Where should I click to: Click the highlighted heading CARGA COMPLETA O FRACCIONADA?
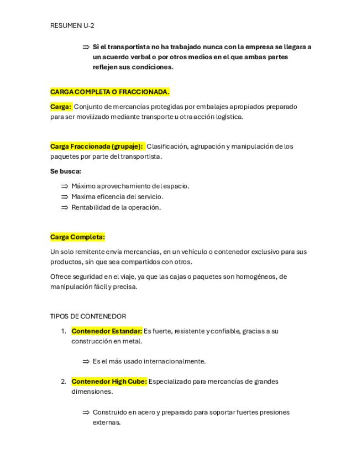point(109,92)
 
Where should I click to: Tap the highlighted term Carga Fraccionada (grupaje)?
point(97,147)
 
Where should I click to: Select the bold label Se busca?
point(66,171)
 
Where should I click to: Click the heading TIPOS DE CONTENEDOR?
point(88,316)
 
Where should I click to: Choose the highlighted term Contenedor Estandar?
point(107,331)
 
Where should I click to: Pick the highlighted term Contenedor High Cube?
point(109,382)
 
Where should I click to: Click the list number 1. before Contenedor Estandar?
point(64,331)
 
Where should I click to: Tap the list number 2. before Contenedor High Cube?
point(64,382)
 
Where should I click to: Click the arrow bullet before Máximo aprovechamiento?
point(64,186)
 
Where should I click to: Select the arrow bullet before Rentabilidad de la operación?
point(64,207)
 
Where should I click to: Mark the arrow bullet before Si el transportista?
point(86,47)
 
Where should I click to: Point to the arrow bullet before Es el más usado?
point(86,362)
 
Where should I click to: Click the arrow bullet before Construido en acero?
point(86,413)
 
